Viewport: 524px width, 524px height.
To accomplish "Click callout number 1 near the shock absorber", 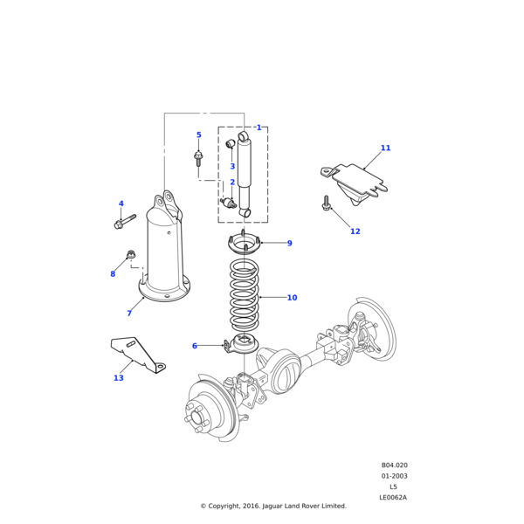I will click(259, 128).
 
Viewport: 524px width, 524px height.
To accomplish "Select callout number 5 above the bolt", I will click(198, 135).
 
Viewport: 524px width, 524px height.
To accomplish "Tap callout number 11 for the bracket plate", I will click(385, 148).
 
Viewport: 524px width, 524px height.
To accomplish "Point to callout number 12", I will click(355, 231).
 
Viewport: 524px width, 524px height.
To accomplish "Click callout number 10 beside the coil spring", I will click(292, 298).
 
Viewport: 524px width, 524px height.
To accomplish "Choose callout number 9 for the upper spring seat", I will click(289, 244).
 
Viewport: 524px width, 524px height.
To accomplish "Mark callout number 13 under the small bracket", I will click(118, 378).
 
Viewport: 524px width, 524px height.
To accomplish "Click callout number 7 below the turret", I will click(129, 314).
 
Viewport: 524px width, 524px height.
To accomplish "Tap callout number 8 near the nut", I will click(113, 274).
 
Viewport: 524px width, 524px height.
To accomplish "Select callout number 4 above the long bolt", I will click(121, 203).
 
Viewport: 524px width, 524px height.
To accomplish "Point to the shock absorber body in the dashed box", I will click(245, 170).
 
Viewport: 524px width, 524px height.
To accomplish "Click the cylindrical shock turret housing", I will click(166, 258).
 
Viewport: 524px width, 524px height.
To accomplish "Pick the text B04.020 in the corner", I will click(394, 465).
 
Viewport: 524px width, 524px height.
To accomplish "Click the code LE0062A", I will click(393, 497).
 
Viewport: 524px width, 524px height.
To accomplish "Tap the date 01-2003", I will click(394, 476).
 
